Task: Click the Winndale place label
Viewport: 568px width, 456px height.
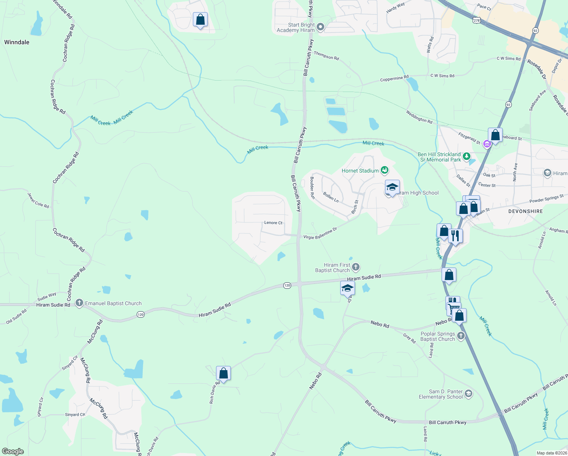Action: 17,42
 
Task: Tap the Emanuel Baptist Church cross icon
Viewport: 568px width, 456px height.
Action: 79,303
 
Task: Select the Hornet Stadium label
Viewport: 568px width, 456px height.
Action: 360,171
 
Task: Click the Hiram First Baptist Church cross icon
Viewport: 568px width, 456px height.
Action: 356,267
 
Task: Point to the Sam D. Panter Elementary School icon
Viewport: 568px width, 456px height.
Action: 469,393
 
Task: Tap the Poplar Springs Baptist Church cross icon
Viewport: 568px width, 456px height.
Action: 461,336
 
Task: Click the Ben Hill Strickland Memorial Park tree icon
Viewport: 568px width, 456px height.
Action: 467,156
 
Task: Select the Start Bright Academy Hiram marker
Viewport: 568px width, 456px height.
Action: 320,27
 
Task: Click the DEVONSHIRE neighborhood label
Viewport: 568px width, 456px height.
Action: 525,211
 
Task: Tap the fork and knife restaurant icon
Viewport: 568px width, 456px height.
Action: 455,236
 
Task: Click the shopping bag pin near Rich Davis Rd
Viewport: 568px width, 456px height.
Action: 223,373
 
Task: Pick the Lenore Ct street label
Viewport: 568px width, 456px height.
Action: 273,223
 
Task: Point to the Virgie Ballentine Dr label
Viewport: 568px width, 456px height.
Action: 320,234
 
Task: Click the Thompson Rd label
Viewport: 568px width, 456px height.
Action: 326,56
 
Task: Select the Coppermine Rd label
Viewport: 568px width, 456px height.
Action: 394,78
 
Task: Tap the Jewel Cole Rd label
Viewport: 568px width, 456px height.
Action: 38,200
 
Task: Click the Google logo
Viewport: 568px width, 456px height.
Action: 13,451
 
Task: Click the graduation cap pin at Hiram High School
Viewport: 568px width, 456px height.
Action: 392,187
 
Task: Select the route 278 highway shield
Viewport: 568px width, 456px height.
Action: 476,20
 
